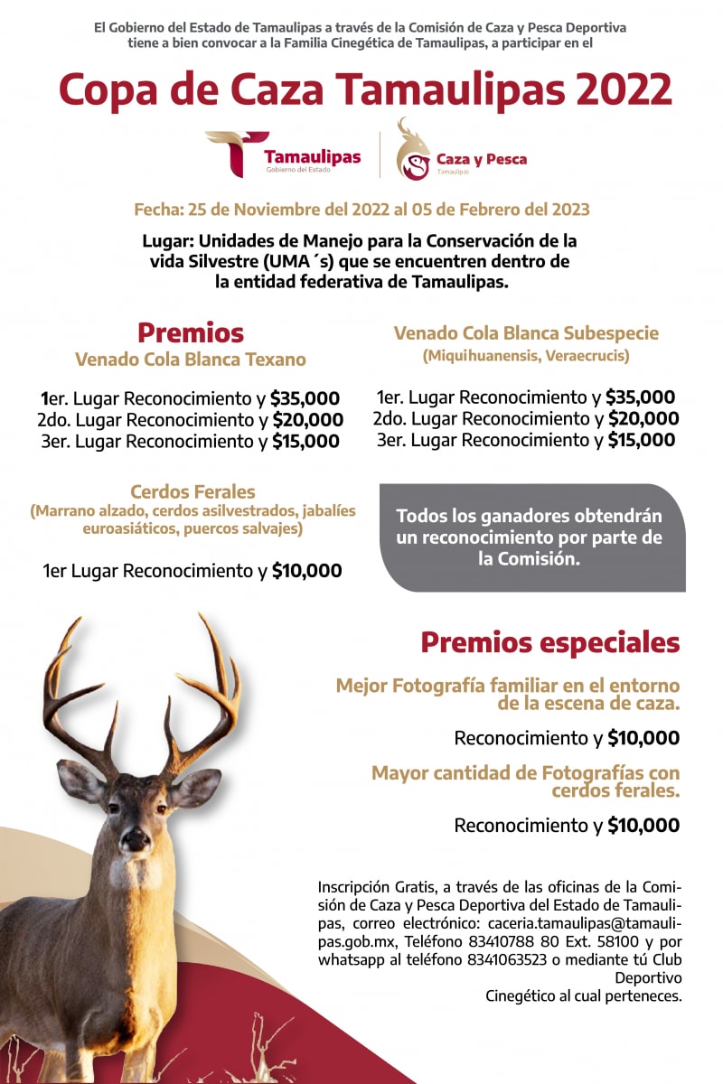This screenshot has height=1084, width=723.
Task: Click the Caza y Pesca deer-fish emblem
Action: [413, 151]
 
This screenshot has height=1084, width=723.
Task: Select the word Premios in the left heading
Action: [191, 332]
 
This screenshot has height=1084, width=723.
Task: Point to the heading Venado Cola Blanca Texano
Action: [191, 360]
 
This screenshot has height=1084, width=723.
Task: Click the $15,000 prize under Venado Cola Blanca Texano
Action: [305, 442]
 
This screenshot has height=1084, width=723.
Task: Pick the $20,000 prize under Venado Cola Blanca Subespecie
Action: [643, 418]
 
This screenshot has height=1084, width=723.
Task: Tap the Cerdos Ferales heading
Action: [192, 492]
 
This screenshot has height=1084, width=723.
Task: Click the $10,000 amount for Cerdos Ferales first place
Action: [307, 571]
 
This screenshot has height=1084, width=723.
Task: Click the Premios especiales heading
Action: [549, 643]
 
